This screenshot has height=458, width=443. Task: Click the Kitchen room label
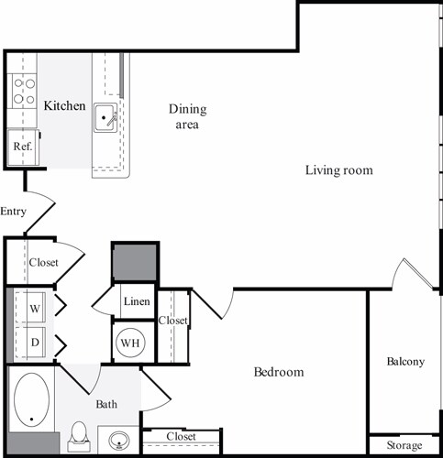(x=65, y=106)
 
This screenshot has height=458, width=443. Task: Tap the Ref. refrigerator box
(x=22, y=145)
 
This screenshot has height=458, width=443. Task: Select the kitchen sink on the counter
(x=105, y=117)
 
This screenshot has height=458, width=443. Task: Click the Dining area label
(x=187, y=116)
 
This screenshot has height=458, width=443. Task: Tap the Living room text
(x=339, y=170)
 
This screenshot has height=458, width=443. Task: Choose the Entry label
(x=14, y=212)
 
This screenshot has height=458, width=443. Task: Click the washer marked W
(x=35, y=309)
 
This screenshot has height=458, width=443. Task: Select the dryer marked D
(x=35, y=343)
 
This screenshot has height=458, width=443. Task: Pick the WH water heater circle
(x=128, y=343)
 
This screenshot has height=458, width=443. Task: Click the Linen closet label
(x=137, y=301)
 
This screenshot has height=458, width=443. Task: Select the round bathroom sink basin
(x=119, y=442)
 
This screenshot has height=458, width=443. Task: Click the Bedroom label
(x=278, y=372)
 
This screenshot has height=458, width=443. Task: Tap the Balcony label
(x=405, y=361)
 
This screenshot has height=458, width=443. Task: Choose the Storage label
(x=404, y=445)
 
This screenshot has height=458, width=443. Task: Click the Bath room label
(x=106, y=403)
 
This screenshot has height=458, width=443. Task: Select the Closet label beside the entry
(x=43, y=262)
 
